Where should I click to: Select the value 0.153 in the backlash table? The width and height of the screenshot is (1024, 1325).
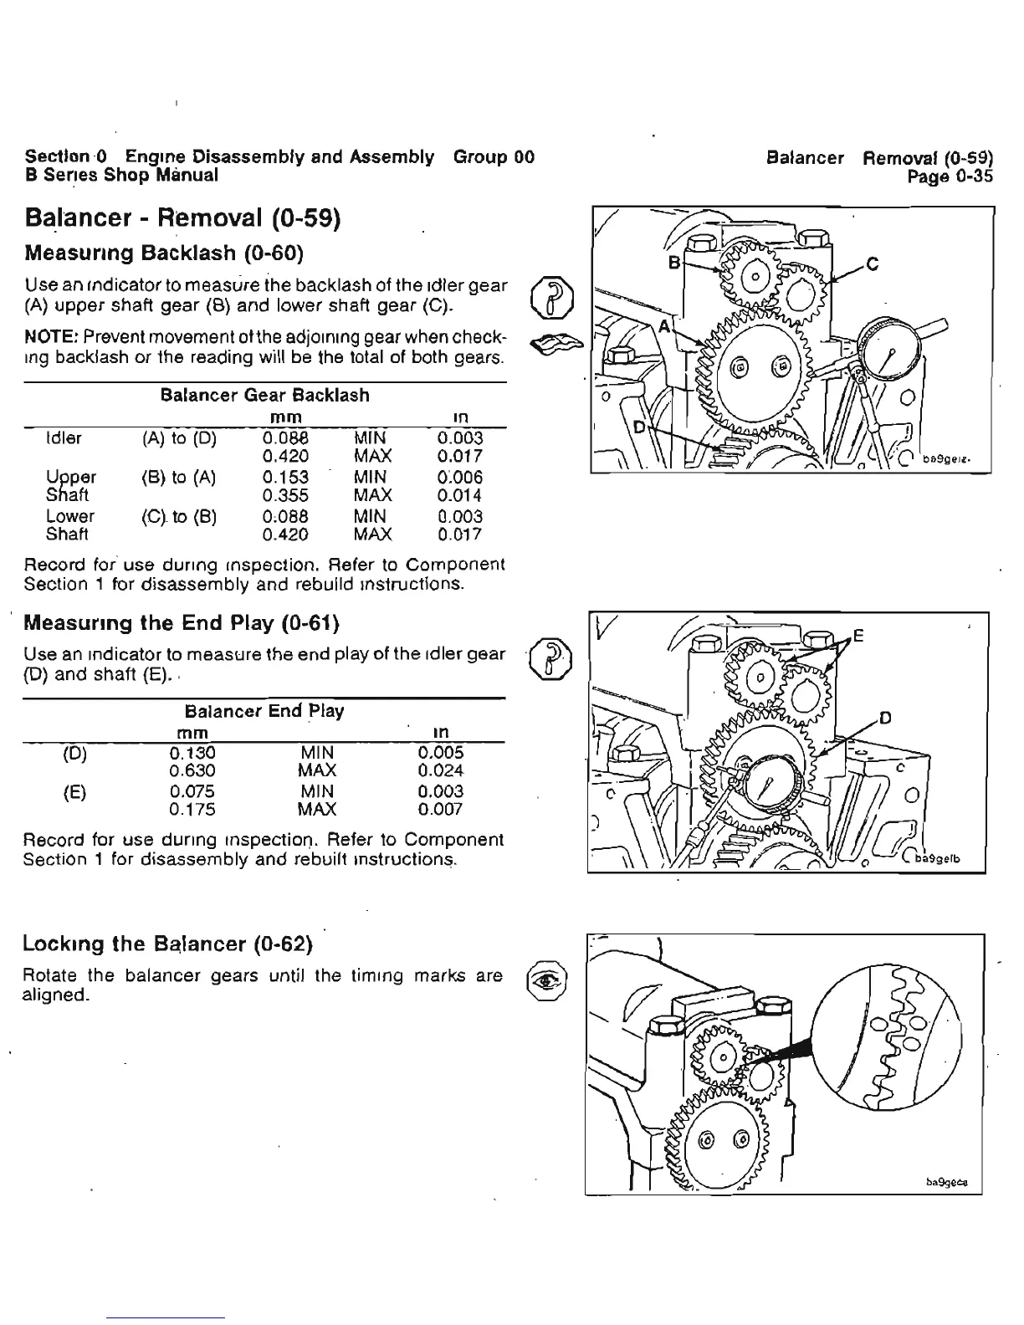[285, 478]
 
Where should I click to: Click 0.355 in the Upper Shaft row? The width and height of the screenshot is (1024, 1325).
[285, 496]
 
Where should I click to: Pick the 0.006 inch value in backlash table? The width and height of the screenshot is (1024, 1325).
[459, 478]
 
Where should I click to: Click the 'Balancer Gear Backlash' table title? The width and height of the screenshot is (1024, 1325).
[264, 395]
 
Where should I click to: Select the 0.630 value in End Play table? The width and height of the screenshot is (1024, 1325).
[192, 770]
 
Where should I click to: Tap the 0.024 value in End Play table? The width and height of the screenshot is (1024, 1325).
[441, 770]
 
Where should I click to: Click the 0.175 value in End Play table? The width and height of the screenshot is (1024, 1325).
[192, 810]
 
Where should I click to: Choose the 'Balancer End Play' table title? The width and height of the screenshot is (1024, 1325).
[264, 711]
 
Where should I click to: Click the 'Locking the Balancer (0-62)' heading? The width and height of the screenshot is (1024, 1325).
[168, 945]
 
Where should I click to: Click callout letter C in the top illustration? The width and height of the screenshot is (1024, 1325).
[873, 265]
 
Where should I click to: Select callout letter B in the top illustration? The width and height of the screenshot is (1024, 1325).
[672, 261]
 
